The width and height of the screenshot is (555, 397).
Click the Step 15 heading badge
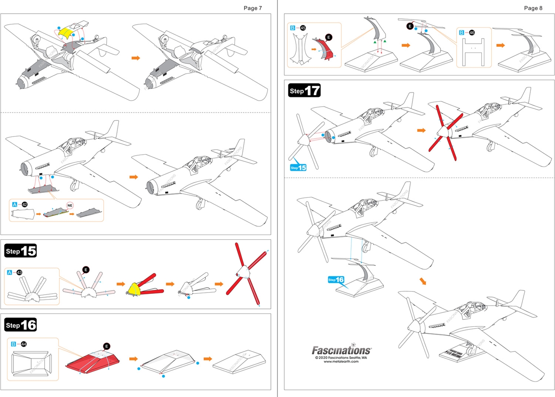[20, 251]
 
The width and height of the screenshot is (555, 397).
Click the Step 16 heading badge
[20, 324]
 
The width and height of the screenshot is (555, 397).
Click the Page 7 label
[253, 8]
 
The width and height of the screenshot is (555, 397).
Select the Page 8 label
[533, 8]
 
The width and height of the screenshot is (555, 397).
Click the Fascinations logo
[341, 350]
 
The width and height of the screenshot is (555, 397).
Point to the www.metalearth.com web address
[341, 362]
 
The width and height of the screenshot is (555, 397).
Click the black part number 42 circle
[25, 204]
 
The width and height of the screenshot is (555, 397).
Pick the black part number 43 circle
[19, 272]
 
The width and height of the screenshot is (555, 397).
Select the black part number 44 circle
[23, 344]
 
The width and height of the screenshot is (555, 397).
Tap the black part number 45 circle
[302, 28]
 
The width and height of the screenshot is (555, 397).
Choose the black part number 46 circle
[472, 33]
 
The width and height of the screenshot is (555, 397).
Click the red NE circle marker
[70, 205]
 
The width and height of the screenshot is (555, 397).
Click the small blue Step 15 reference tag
[298, 167]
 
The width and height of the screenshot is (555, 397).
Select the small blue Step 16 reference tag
[336, 280]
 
